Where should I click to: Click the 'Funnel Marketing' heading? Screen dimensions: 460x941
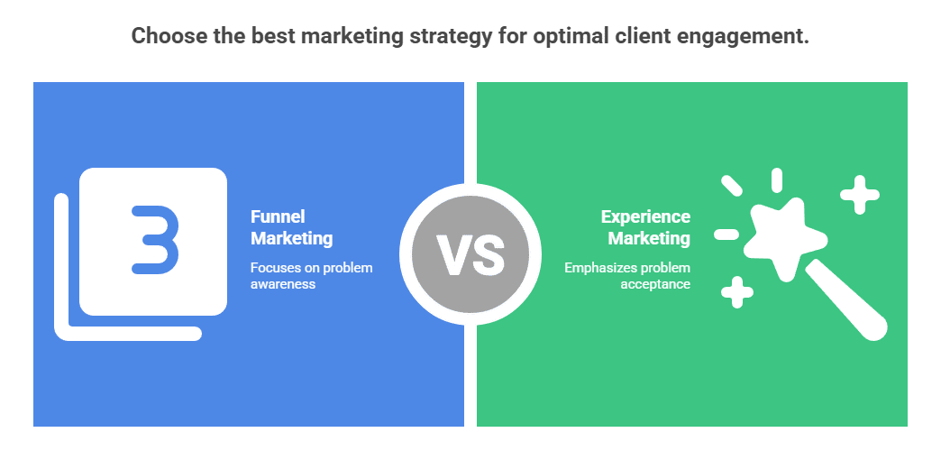(x=291, y=227)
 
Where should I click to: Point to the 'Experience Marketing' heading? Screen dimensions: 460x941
(x=645, y=227)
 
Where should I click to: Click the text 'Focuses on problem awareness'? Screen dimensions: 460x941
(x=311, y=276)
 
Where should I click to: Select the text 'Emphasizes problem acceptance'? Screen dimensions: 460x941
(x=627, y=276)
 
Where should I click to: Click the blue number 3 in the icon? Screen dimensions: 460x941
(x=155, y=239)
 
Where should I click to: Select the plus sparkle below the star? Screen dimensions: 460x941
(x=737, y=291)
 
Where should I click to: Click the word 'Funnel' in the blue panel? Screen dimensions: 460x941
(x=278, y=216)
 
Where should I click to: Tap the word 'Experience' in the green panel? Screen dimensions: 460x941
(x=645, y=216)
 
